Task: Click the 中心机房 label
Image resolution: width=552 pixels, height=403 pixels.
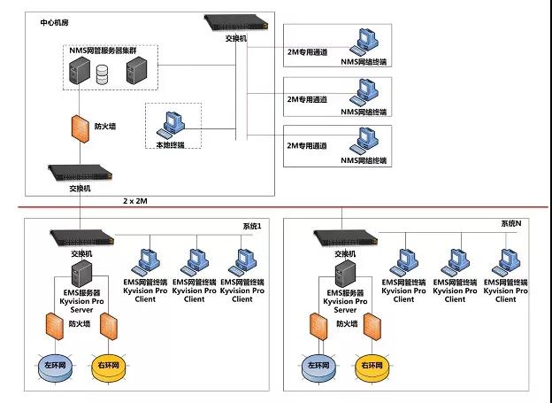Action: (56, 20)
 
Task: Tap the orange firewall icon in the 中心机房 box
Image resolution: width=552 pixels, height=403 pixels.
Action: (79, 126)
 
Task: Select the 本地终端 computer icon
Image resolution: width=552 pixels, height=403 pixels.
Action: (168, 120)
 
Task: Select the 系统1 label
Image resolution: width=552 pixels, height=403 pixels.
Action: (253, 227)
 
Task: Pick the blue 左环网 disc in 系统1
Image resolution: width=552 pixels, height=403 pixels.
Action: (50, 364)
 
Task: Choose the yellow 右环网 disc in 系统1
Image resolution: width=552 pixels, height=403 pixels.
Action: (108, 364)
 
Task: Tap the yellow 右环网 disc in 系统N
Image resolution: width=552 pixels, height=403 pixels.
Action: (369, 364)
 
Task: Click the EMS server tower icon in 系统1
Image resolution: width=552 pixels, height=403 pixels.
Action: (81, 271)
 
